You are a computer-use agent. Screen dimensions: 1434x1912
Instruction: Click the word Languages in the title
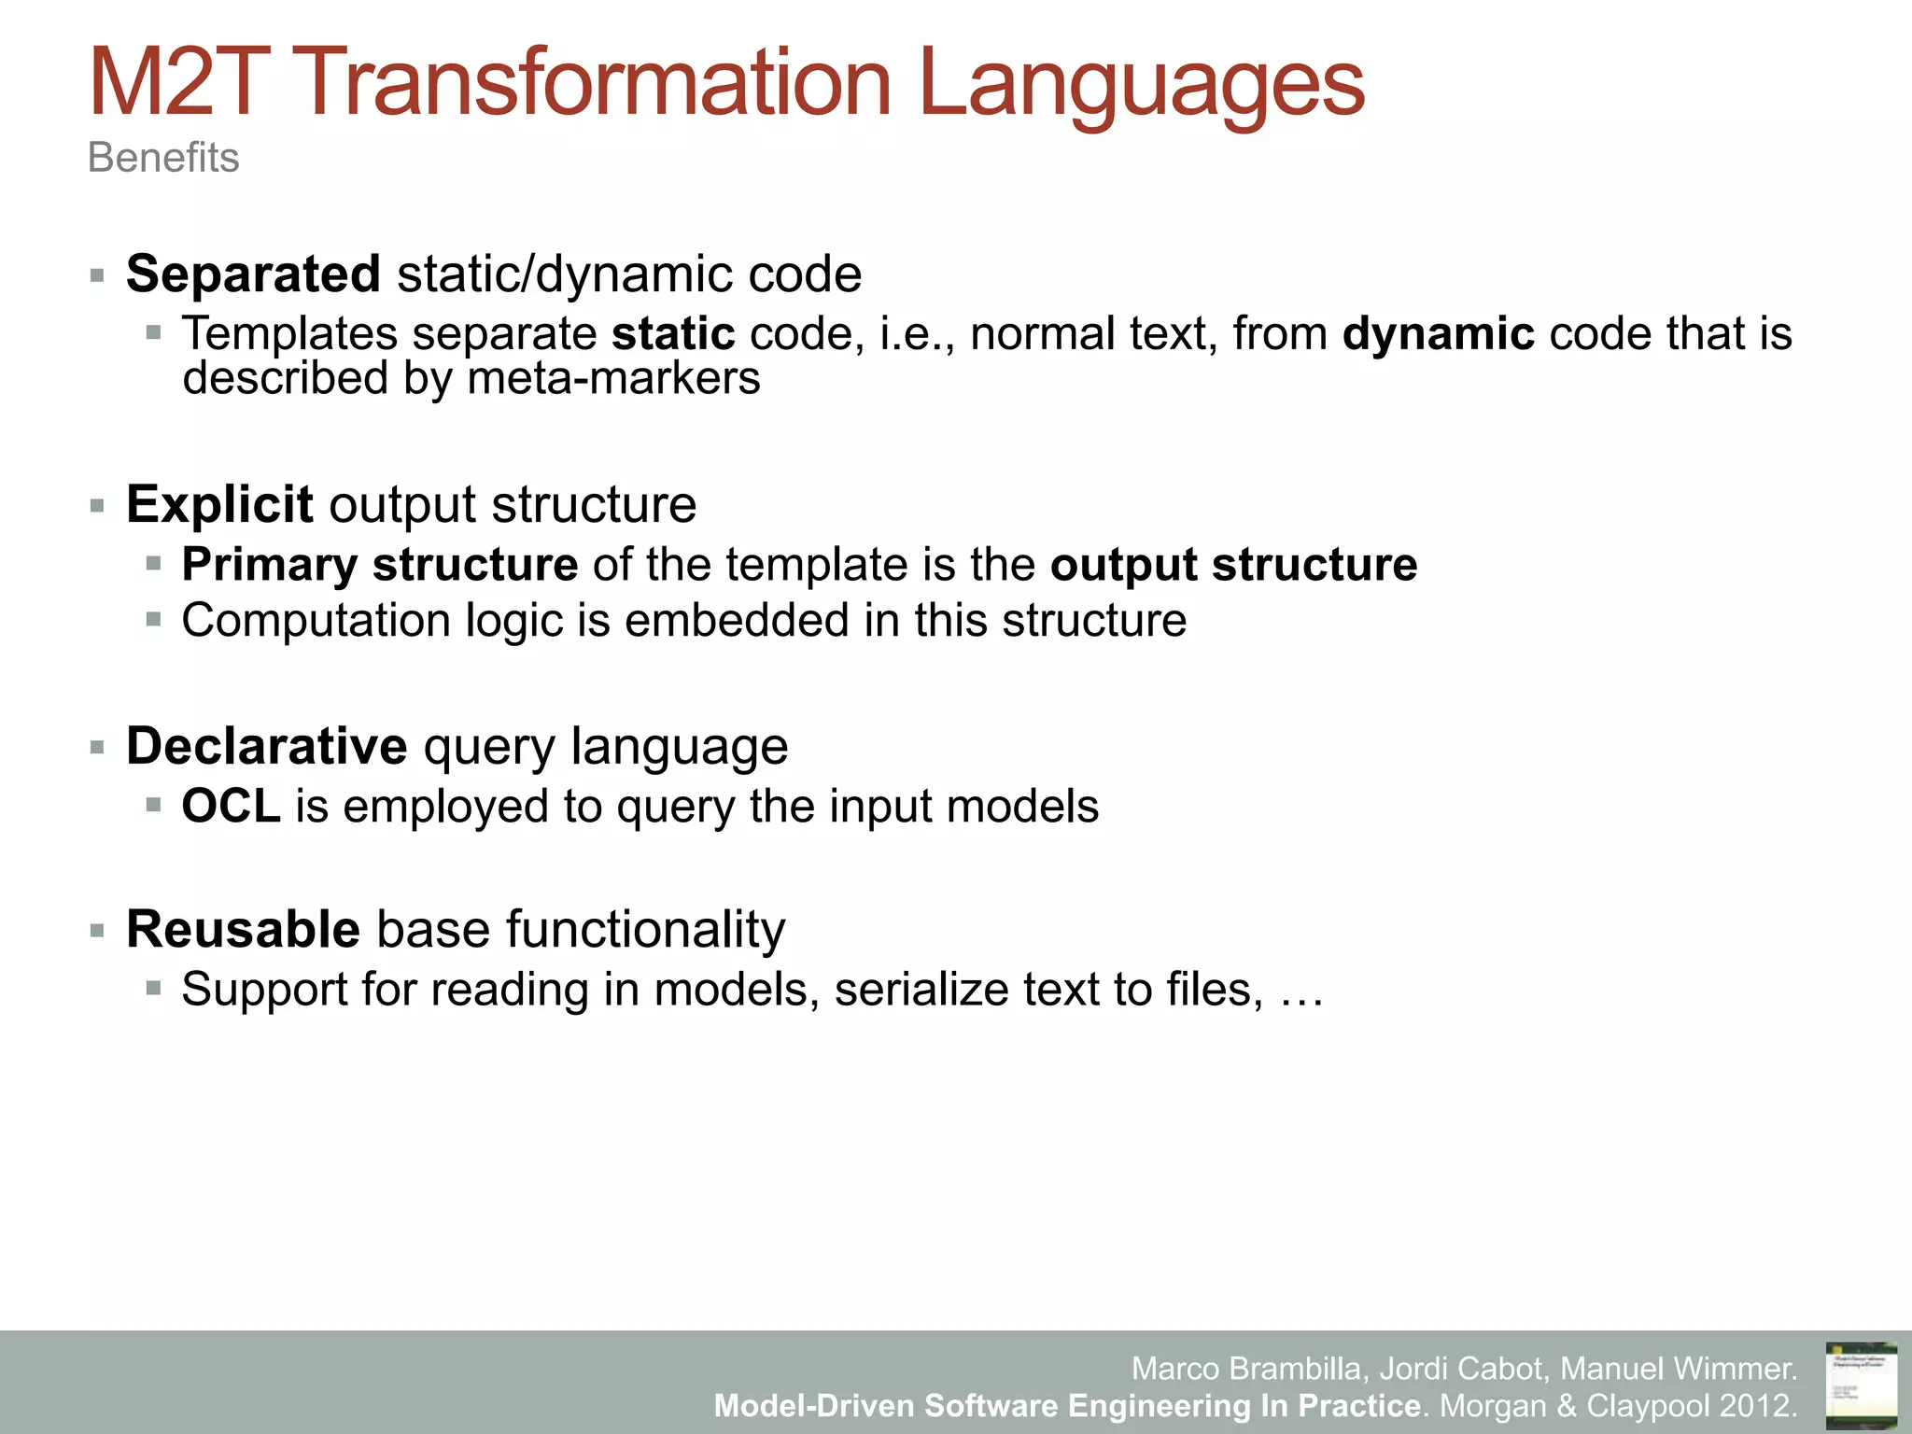click(1141, 86)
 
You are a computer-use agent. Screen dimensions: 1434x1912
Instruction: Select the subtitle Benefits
click(163, 158)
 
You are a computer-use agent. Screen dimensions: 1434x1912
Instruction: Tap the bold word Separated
click(253, 274)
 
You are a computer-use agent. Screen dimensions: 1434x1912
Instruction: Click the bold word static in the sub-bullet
click(673, 334)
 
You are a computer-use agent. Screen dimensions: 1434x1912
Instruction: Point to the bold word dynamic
click(1438, 334)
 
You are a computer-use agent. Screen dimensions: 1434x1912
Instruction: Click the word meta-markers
click(613, 379)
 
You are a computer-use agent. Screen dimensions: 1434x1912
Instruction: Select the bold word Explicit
click(219, 505)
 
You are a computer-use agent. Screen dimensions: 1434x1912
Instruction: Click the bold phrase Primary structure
click(379, 565)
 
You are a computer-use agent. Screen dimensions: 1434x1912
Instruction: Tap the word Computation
click(316, 621)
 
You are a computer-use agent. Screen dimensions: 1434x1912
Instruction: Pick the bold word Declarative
click(266, 747)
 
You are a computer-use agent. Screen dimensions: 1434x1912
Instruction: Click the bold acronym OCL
click(231, 807)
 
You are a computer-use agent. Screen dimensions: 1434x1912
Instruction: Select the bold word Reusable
click(243, 930)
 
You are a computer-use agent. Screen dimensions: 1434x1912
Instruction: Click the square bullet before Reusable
click(97, 931)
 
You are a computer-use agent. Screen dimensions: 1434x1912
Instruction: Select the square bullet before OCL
click(154, 806)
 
